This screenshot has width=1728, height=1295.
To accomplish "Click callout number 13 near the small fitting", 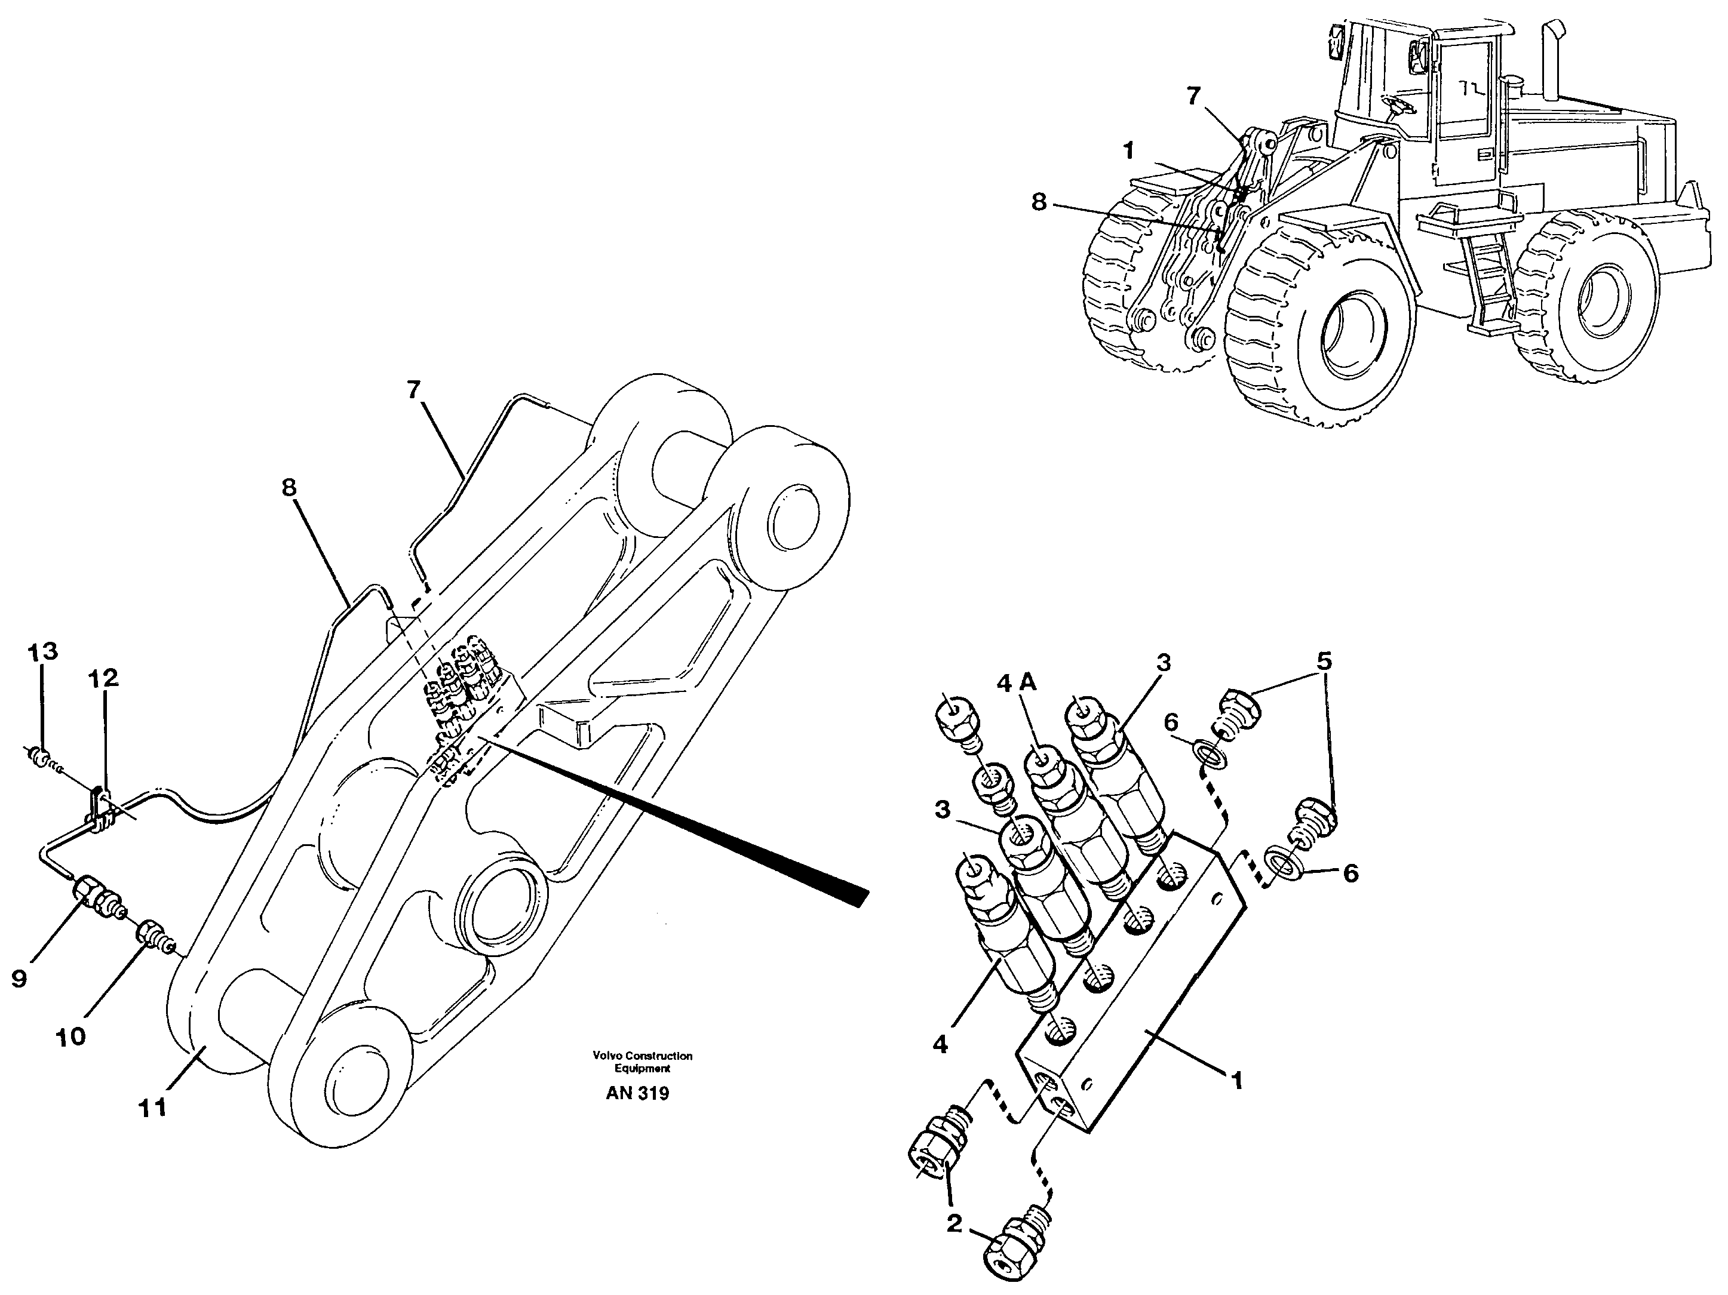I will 43,651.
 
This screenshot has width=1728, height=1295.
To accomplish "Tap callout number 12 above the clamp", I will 103,678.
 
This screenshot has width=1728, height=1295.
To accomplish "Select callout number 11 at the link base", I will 153,1108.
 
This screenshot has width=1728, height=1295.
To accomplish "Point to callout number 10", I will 71,1036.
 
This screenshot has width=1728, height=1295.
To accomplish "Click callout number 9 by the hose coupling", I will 20,978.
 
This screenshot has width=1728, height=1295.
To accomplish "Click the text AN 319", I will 637,1093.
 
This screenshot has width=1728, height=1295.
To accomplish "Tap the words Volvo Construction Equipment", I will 642,1062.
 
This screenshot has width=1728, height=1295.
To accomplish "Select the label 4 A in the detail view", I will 1017,682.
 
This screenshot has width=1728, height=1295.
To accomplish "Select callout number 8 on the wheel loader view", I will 1038,202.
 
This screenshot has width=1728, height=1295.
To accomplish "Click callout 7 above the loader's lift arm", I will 1192,96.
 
